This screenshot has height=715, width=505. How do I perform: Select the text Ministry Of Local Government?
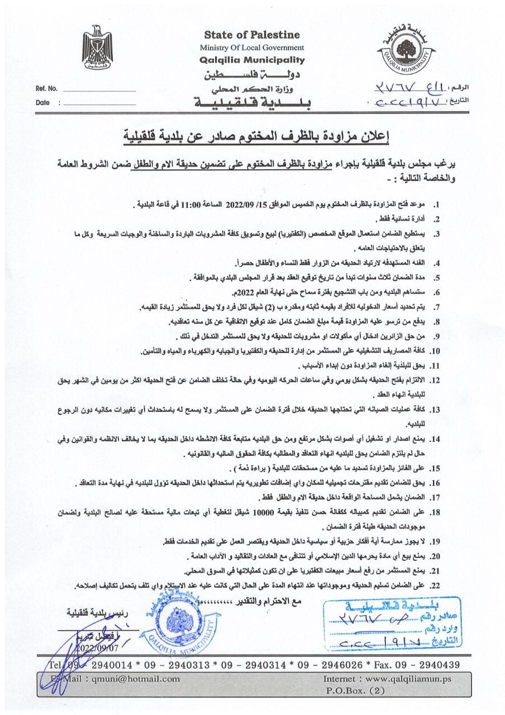(252, 47)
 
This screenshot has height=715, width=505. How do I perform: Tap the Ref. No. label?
(46, 89)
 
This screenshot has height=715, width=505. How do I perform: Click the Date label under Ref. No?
(42, 103)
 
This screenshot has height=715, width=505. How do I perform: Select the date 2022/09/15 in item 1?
(249, 205)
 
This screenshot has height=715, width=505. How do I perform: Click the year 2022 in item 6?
(245, 292)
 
